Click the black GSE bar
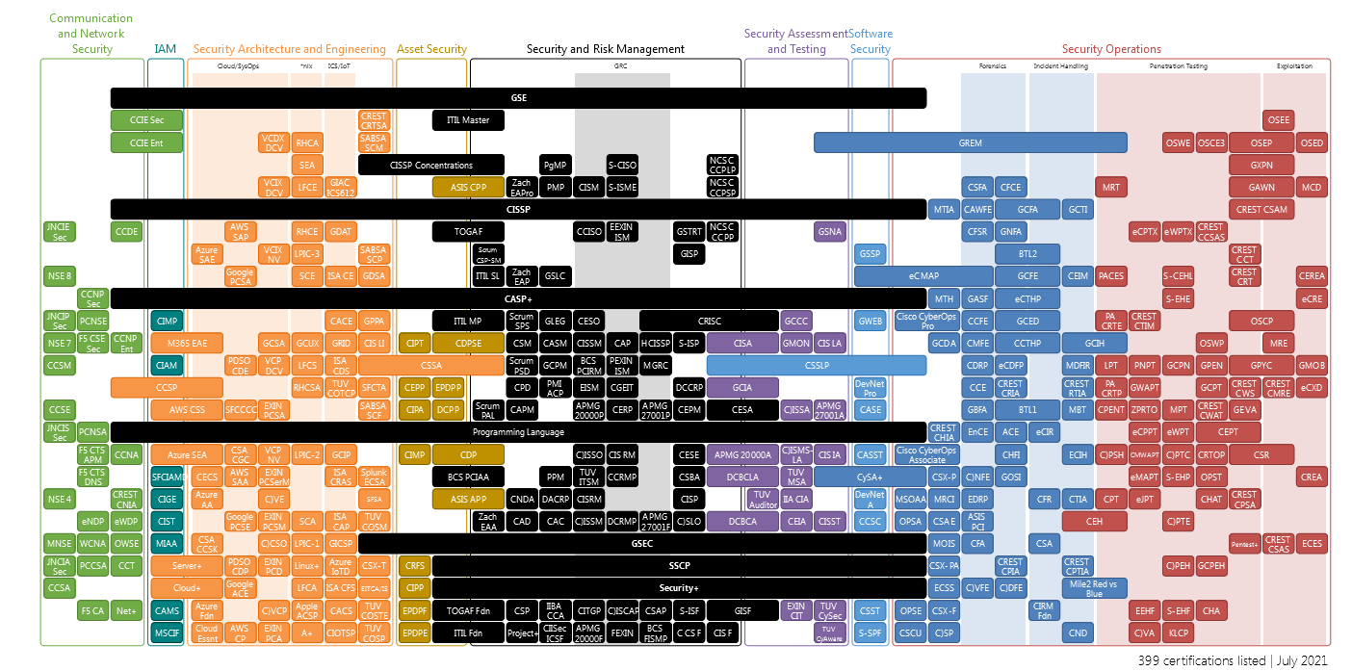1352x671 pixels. [x=518, y=98]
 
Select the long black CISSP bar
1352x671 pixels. [x=518, y=209]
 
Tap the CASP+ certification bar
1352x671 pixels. [x=518, y=298]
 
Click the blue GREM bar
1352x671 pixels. [x=970, y=142]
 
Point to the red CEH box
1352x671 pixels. [x=1093, y=521]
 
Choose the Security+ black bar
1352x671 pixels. [x=679, y=587]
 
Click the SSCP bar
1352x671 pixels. [x=679, y=565]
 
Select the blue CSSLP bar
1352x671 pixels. [x=816, y=366]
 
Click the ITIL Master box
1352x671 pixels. [x=468, y=120]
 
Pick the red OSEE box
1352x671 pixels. [x=1278, y=120]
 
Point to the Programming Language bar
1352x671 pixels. [x=518, y=432]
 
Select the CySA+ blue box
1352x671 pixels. [x=869, y=477]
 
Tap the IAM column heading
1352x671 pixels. [x=165, y=49]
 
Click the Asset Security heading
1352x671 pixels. [x=431, y=49]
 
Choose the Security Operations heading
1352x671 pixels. [x=1111, y=49]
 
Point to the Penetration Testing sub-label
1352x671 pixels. [x=1178, y=67]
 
